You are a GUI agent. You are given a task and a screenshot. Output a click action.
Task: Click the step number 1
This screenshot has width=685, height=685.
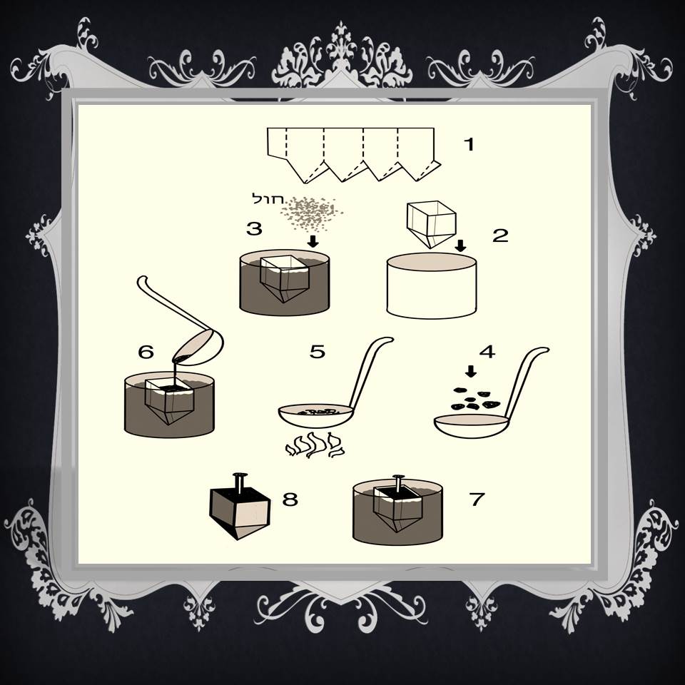[x=469, y=143]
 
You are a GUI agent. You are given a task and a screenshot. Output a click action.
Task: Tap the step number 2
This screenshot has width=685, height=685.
[x=500, y=235]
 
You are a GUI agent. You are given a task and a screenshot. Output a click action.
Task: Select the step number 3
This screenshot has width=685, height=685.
[x=254, y=228]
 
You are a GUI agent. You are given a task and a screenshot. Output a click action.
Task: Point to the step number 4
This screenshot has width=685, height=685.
[x=487, y=352]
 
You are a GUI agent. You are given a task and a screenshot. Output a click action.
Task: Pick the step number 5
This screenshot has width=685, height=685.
[x=318, y=351]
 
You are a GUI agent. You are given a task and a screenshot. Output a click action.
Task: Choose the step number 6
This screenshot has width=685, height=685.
[x=146, y=352]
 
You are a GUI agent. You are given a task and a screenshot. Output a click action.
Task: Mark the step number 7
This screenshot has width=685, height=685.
[x=477, y=499]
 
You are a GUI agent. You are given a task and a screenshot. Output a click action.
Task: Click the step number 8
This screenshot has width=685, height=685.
[x=290, y=499]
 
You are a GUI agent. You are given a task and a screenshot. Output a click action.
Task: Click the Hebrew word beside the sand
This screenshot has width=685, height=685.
[x=268, y=199]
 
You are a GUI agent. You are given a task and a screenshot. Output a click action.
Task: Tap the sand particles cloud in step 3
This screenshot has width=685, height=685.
[x=312, y=213]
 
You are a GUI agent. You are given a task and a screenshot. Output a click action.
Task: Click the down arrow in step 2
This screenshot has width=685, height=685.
[x=460, y=245]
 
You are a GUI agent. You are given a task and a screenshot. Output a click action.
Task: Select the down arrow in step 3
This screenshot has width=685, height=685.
[x=313, y=241]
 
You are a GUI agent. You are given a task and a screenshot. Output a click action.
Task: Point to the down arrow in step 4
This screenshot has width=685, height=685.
[x=470, y=372]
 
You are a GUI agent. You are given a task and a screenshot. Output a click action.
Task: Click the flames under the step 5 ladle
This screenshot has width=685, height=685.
[x=314, y=445]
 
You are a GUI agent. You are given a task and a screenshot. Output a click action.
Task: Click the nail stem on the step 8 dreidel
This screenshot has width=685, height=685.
[x=239, y=484]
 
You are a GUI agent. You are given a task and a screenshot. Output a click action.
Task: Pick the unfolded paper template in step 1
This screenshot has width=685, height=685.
[x=354, y=154]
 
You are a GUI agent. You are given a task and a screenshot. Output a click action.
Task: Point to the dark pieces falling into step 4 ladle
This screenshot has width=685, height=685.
[x=475, y=399]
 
